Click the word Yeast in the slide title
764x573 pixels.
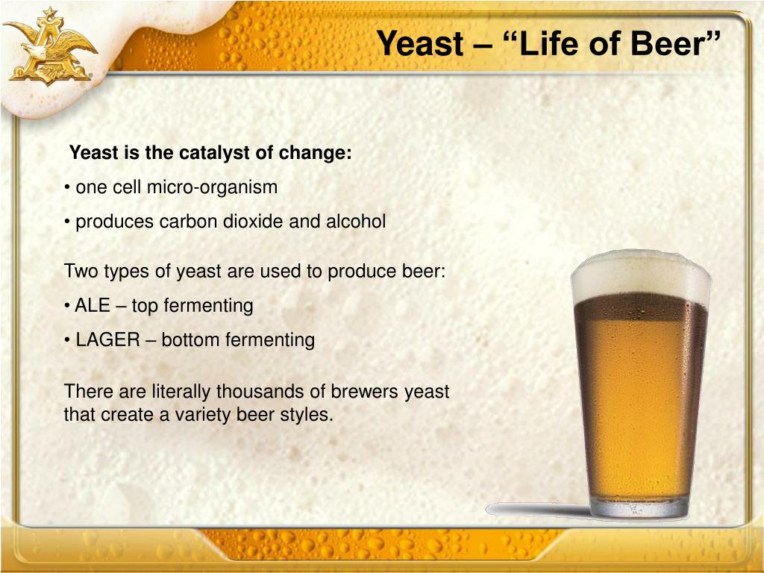coord(421,43)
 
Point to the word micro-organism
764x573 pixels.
coord(212,187)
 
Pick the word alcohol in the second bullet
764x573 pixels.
coord(356,222)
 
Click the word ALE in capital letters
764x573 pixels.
coord(92,305)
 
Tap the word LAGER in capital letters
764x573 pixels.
coord(107,340)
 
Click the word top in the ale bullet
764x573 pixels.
coord(145,307)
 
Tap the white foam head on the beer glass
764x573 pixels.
coord(641,277)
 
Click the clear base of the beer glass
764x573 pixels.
coord(639,507)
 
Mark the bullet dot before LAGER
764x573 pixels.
coord(66,340)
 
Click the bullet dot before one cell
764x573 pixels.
coord(66,188)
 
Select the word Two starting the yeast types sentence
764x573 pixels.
coord(81,272)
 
